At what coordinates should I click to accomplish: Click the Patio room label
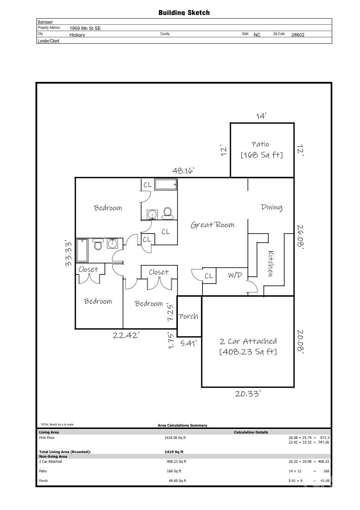click(x=260, y=144)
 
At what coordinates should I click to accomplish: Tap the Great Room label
click(x=212, y=225)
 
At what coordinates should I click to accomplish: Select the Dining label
click(x=272, y=207)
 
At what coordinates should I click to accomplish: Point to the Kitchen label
click(x=271, y=263)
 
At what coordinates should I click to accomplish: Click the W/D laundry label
click(x=235, y=275)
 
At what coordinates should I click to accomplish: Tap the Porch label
click(x=188, y=316)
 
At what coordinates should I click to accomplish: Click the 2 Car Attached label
click(x=248, y=341)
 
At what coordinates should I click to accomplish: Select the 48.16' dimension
click(x=183, y=171)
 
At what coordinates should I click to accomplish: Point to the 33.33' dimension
click(x=68, y=253)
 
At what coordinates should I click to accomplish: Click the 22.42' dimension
click(x=126, y=335)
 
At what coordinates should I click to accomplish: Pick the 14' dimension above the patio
click(x=261, y=116)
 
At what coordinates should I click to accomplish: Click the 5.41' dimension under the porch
click(x=188, y=343)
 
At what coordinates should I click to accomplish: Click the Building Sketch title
click(x=184, y=13)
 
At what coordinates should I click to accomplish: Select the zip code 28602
click(x=298, y=35)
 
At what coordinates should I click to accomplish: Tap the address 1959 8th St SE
click(x=85, y=28)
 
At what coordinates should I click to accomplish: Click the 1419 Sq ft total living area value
click(x=174, y=452)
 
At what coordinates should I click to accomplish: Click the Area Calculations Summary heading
click(x=182, y=425)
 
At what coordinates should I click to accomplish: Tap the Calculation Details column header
click(x=251, y=432)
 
